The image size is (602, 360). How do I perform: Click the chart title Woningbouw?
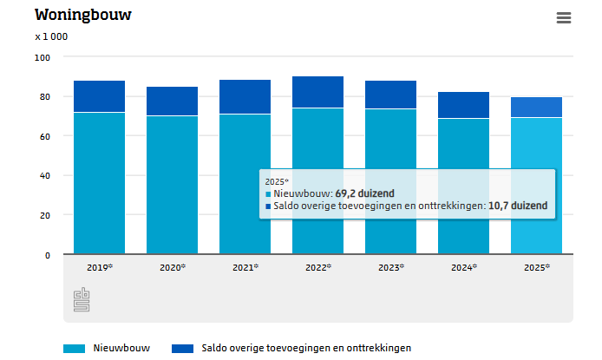[x=83, y=16]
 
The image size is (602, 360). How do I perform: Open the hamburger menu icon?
[x=564, y=18]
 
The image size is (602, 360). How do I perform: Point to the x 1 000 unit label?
[x=51, y=37]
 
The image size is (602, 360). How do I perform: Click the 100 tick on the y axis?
[x=43, y=57]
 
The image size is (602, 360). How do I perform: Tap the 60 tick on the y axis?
[x=45, y=136]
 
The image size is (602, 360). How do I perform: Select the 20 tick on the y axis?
[x=45, y=215]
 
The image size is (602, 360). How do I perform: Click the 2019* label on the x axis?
[x=99, y=268]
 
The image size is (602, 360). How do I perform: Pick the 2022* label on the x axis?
[x=318, y=268]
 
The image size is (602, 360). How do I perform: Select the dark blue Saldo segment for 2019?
[x=99, y=96]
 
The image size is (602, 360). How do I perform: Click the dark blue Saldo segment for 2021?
[x=245, y=96]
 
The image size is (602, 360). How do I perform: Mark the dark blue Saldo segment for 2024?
[x=463, y=105]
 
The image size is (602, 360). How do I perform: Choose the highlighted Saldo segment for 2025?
[x=536, y=107]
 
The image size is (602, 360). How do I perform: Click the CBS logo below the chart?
[x=81, y=300]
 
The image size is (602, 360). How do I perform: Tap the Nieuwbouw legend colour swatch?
[x=74, y=348]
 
